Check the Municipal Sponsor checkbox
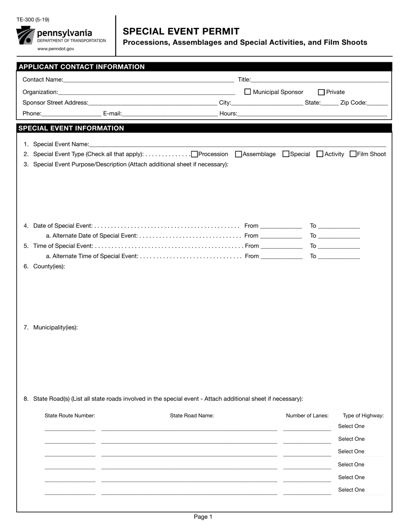coord(248,92)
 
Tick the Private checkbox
coord(321,92)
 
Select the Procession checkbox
coord(195,154)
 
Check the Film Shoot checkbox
coord(353,154)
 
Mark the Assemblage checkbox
coord(239,154)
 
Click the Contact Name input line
coord(148,80)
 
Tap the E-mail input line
coord(170,114)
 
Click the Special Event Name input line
coord(237,144)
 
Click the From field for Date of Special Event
coord(281,226)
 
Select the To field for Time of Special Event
coord(339,246)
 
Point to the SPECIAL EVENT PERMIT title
coord(181,31)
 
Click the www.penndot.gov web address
coord(56,49)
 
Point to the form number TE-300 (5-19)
coord(33,20)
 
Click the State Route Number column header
coord(70,416)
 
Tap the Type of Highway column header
coord(363,416)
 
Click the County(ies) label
coord(49,267)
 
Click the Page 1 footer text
coord(203,517)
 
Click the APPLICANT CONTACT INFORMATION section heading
coord(82,67)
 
